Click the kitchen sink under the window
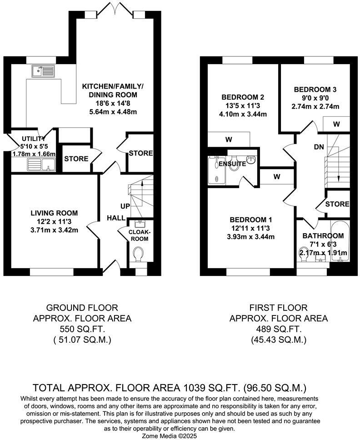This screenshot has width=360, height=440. click(x=43, y=71)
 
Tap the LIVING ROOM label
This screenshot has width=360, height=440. click(x=54, y=213)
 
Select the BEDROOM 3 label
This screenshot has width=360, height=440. click(x=315, y=90)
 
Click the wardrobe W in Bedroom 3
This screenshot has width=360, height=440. click(x=336, y=124)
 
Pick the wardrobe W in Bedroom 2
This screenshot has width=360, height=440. click(x=228, y=140)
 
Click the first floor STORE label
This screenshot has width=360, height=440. click(x=337, y=204)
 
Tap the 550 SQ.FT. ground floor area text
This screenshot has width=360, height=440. click(x=82, y=329)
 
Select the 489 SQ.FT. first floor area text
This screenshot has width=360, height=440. click(x=278, y=329)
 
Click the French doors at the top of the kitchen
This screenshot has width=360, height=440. click(x=115, y=9)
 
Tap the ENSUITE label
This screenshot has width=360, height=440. click(x=232, y=164)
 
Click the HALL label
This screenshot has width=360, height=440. click(x=116, y=218)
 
